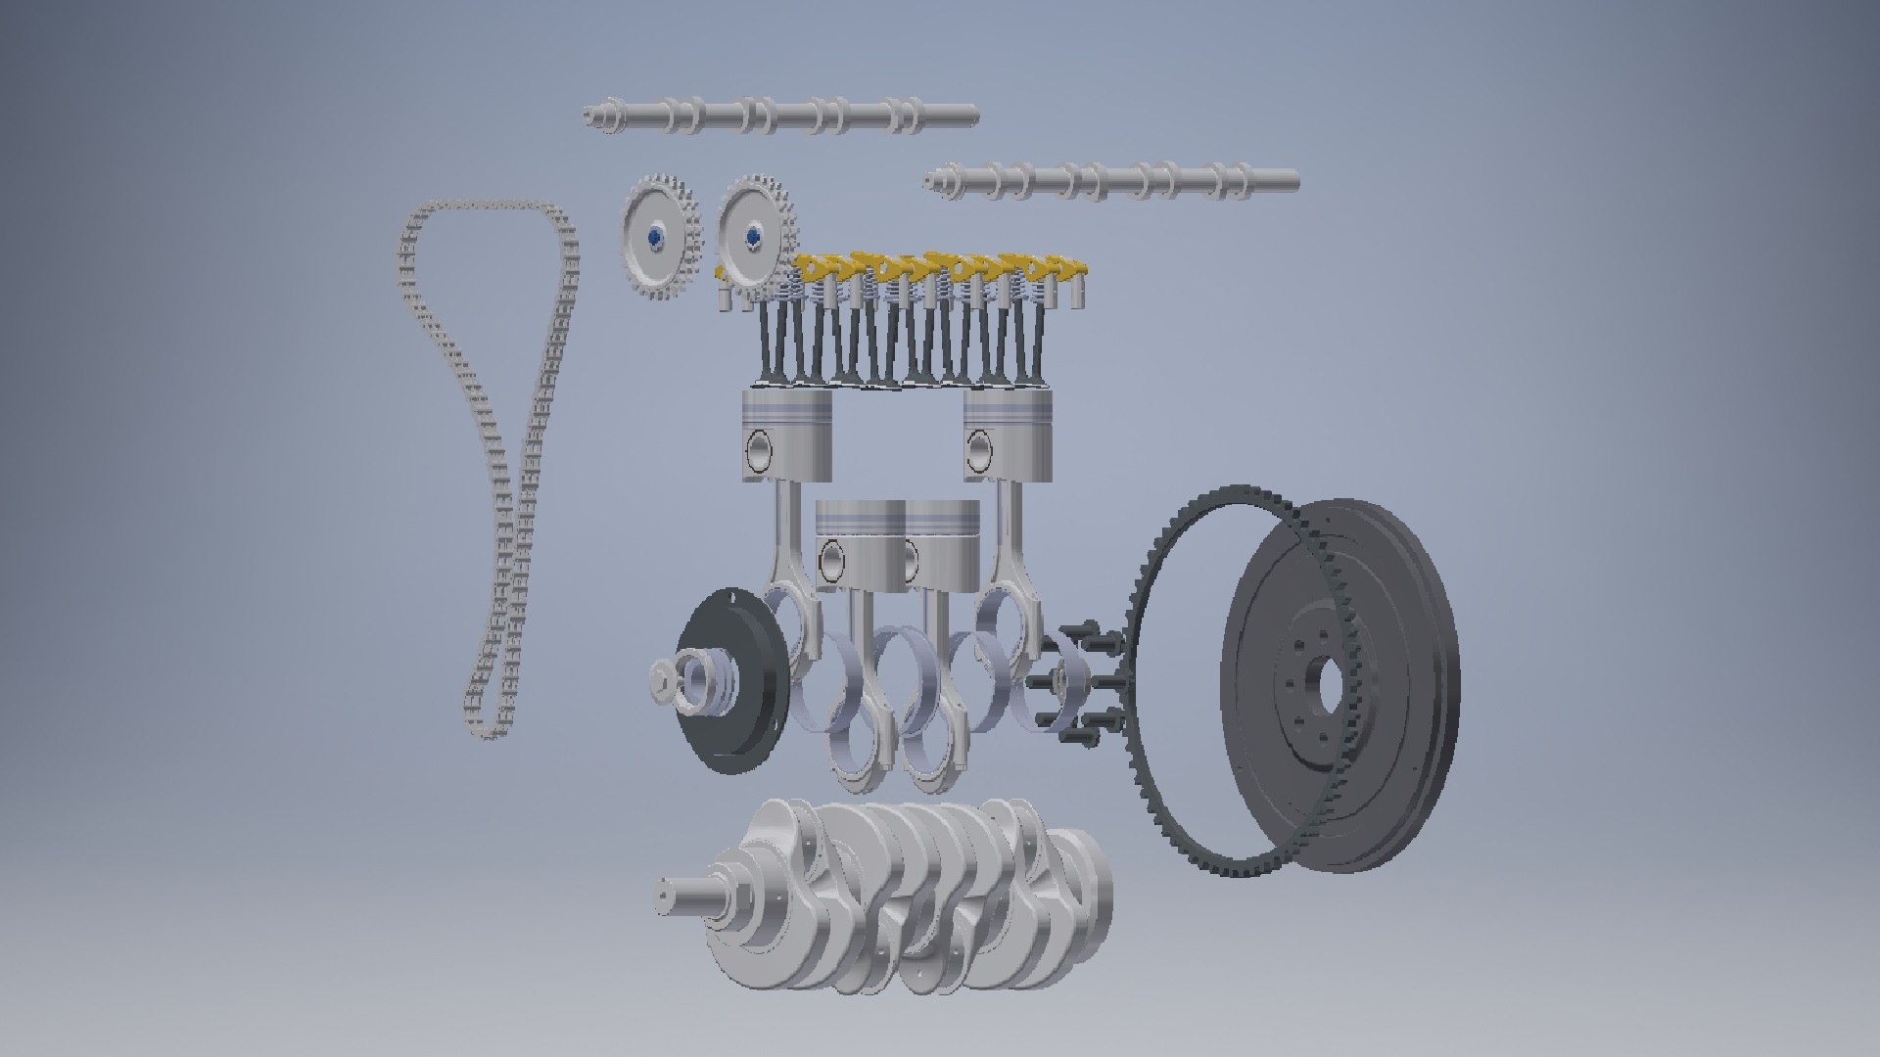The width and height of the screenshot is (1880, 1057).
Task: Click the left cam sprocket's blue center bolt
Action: (654, 237)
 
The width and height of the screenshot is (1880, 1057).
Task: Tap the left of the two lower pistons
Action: (860, 548)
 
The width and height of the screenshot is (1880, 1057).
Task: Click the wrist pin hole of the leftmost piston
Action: (760, 453)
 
